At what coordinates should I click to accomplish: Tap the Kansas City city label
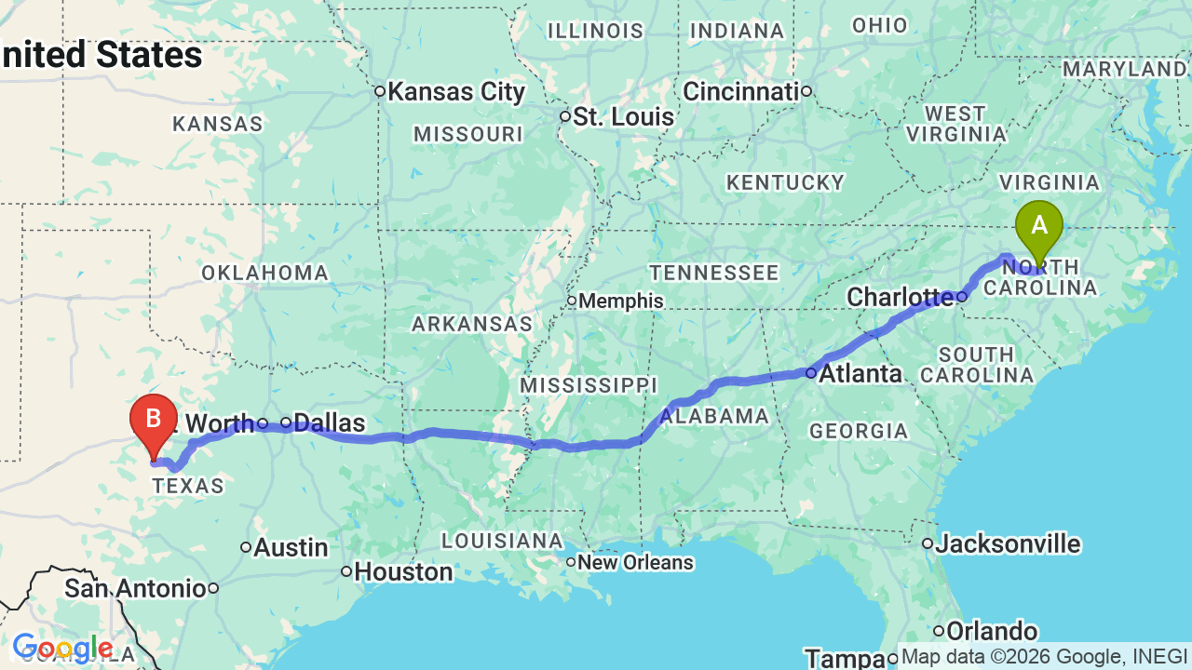[x=456, y=92]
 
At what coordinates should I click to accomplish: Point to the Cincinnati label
[x=741, y=91]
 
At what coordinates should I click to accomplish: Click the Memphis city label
[x=621, y=301]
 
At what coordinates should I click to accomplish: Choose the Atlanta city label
[x=861, y=374]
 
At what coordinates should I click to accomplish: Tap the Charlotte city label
[x=901, y=298]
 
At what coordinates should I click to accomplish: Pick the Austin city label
[x=291, y=548]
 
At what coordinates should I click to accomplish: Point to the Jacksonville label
[x=1008, y=543]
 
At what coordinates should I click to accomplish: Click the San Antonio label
[x=135, y=588]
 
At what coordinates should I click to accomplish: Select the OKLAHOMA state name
[x=265, y=274]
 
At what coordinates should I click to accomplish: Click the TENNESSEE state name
[x=714, y=273]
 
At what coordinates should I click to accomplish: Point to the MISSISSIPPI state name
[x=589, y=385]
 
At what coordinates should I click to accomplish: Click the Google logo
[x=62, y=648]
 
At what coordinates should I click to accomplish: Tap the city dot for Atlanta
[x=811, y=373]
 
